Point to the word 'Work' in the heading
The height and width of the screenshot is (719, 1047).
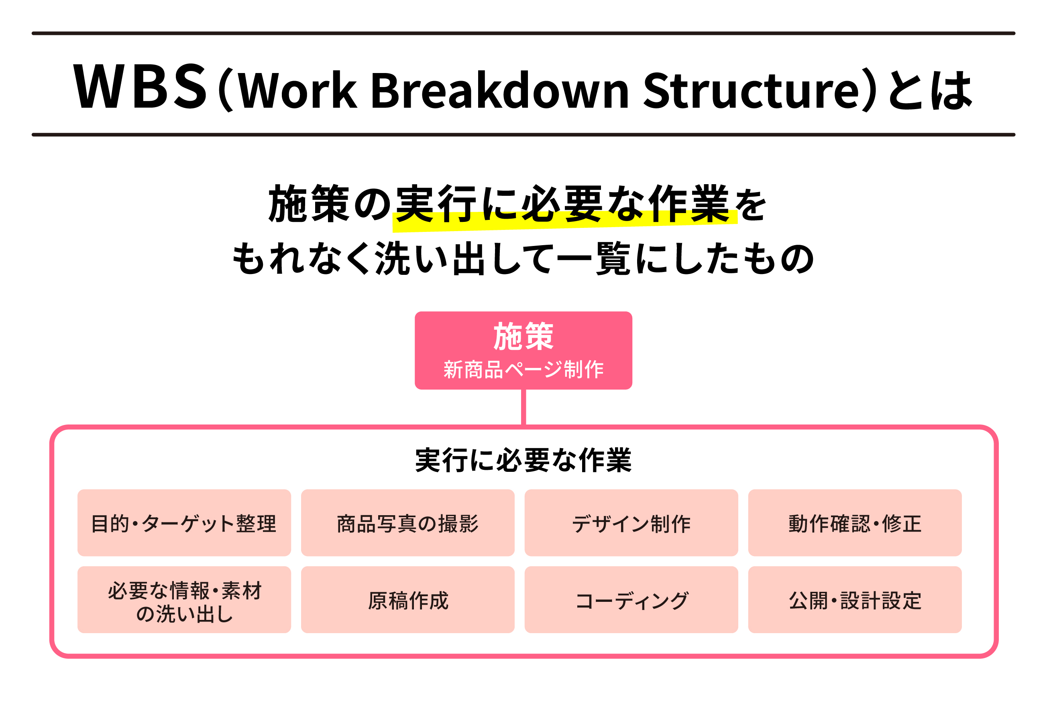click(297, 90)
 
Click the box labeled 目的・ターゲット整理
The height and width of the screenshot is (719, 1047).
click(184, 523)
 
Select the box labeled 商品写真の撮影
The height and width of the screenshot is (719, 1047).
click(407, 523)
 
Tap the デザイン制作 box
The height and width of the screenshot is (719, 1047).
click(631, 523)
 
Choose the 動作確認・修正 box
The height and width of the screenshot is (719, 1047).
click(855, 523)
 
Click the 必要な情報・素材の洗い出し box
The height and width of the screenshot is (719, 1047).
click(184, 601)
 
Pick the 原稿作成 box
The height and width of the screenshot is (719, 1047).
click(407, 601)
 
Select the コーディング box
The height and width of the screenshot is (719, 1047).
click(631, 601)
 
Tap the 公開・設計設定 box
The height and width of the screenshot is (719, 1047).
click(855, 601)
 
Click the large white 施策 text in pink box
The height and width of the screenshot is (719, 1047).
click(523, 337)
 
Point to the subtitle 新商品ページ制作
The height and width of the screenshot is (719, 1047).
click(523, 370)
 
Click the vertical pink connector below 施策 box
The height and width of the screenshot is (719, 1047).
click(523, 407)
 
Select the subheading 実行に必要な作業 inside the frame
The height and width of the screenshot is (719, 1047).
click(523, 461)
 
